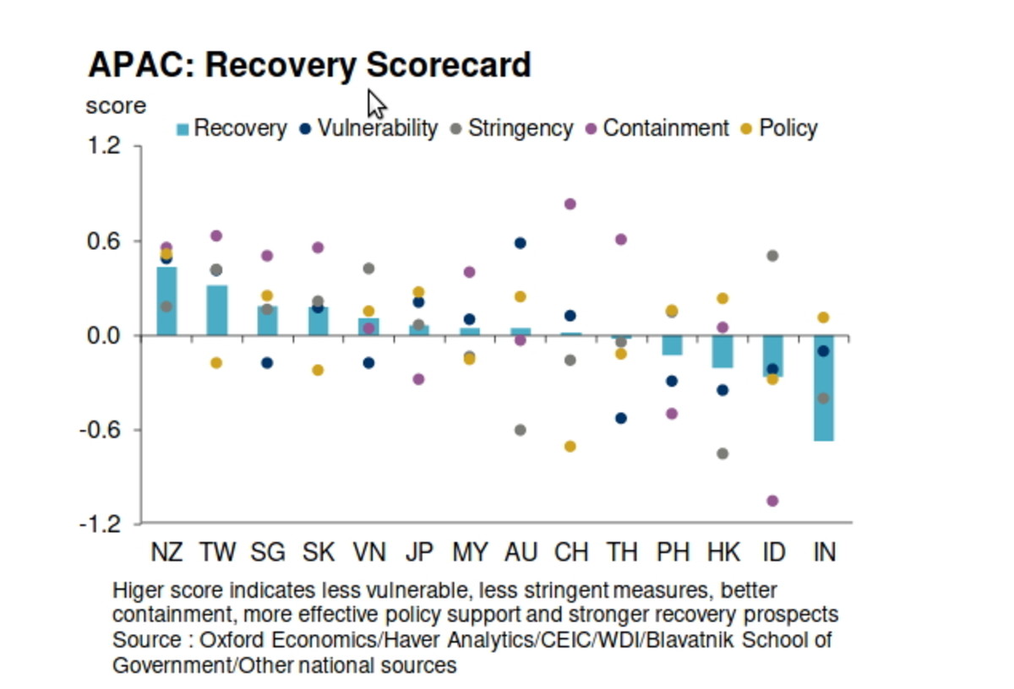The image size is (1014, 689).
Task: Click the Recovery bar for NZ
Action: [x=166, y=301]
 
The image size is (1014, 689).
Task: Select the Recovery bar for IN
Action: [x=824, y=388]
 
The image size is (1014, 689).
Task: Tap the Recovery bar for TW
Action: [x=217, y=310]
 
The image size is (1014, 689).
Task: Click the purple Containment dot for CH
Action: [x=570, y=203]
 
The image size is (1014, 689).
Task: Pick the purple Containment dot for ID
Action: [x=772, y=501]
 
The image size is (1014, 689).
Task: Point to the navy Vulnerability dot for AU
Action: [x=520, y=243]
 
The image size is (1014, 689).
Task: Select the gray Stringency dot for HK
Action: [x=722, y=453]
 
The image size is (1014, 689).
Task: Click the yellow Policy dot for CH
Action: [x=570, y=446]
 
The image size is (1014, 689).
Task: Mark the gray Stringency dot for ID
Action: [x=772, y=256]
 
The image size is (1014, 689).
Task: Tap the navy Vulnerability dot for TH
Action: [x=621, y=418]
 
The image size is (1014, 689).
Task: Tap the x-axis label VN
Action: [x=368, y=552]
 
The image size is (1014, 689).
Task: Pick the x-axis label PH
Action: [x=673, y=552]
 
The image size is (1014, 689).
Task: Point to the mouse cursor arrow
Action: [x=376, y=104]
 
